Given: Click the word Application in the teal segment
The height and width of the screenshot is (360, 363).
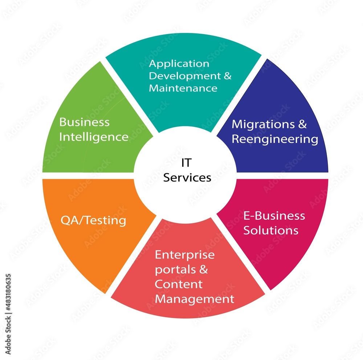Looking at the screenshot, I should pos(179,64).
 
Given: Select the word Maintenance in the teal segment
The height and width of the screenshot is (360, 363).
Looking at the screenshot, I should pos(183,88).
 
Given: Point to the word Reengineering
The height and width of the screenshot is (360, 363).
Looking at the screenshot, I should pos(275,139).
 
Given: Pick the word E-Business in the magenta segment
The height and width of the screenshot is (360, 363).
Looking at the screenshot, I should pos(274,216).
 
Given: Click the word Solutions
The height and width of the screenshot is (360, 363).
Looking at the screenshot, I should pos(271,230).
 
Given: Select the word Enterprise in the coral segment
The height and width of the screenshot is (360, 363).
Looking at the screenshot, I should pos(184,255).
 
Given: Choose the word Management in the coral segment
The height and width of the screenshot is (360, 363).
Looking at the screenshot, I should pos(194,299).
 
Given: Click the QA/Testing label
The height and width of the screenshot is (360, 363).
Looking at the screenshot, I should pos(93,220).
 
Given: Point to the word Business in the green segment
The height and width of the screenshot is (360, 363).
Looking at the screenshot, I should pos(84,122).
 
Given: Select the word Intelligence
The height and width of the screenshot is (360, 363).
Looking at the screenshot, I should pos(94,137).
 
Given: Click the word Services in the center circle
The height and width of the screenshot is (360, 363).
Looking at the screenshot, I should pos(187,178).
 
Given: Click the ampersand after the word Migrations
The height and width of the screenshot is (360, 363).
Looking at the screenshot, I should pos(302,124).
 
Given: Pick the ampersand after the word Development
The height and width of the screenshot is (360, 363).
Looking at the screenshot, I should pos(227,76).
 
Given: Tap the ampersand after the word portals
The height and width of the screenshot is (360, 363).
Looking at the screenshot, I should pos(204,270).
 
